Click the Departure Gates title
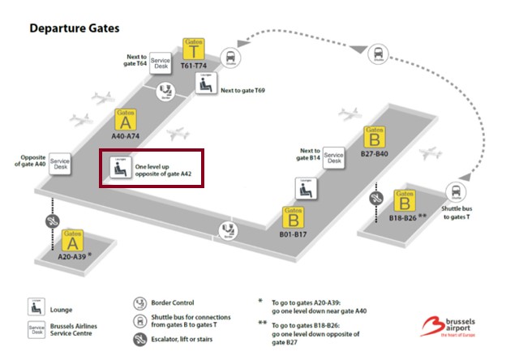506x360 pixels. coord(75,28)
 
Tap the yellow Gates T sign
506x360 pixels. coord(193,47)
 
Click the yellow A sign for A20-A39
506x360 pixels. coord(73,238)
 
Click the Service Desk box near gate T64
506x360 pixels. coord(161,63)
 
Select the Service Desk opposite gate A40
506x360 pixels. coord(60,162)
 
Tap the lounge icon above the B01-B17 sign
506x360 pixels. coord(305,190)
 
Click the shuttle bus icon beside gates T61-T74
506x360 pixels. coord(230,56)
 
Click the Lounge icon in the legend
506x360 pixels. coord(36,306)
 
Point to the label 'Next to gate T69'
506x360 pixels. coord(243,90)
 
